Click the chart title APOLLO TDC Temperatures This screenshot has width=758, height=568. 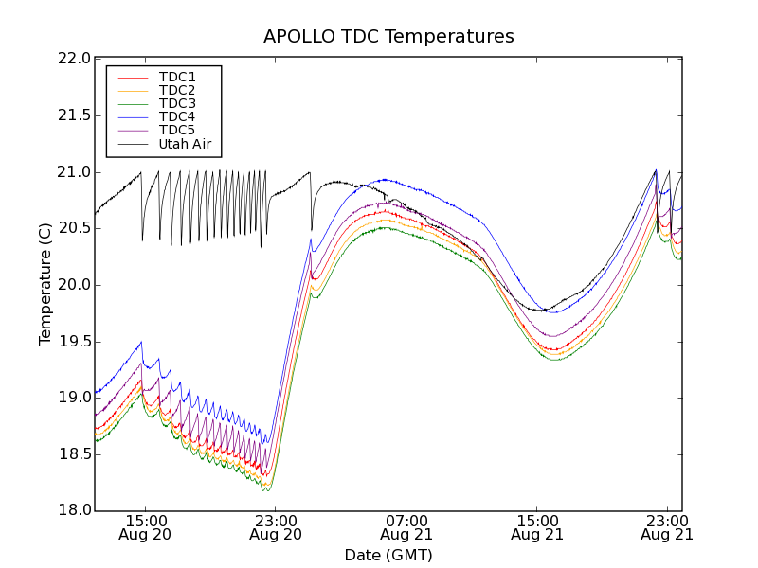pyautogui.click(x=388, y=37)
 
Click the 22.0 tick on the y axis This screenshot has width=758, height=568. pyautogui.click(x=73, y=59)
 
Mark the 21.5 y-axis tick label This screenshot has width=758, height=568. pyautogui.click(x=73, y=115)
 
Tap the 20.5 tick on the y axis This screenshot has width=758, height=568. pyautogui.click(x=73, y=228)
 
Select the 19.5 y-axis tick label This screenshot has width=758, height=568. pyautogui.click(x=73, y=342)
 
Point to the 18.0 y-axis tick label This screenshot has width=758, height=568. pyautogui.click(x=73, y=511)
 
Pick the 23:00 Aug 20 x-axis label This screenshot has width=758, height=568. pyautogui.click(x=275, y=527)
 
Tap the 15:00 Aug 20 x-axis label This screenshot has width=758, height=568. pyautogui.click(x=145, y=527)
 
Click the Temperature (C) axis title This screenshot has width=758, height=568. pyautogui.click(x=45, y=284)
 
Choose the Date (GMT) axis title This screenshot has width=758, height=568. pyautogui.click(x=388, y=555)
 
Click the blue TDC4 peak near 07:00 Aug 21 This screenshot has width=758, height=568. pyautogui.click(x=384, y=179)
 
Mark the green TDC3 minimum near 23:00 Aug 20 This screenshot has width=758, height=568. pyautogui.click(x=266, y=490)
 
